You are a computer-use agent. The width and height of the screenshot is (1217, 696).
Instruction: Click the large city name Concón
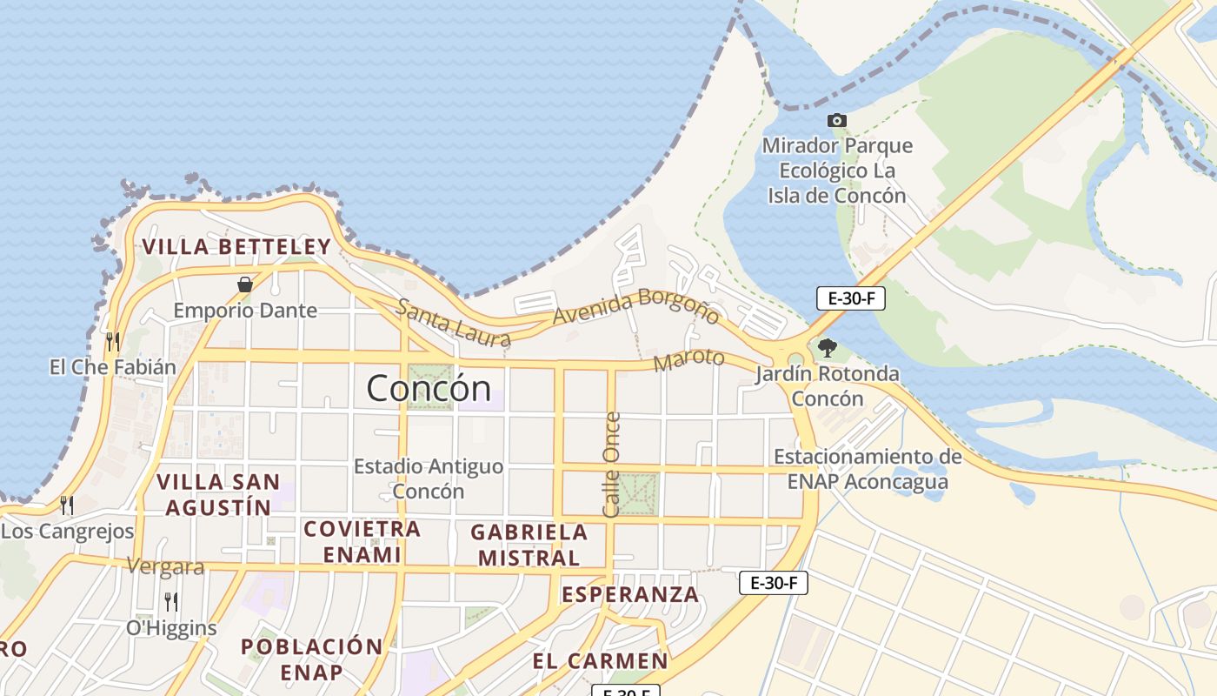429,387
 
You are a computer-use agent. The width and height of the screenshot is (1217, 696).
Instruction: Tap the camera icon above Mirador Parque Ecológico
836,120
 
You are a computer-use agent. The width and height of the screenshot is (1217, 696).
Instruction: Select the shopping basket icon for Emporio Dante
245,284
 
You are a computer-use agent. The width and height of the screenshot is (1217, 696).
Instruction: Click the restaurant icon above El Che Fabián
113,341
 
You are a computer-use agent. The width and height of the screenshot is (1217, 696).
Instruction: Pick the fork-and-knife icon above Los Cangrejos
67,505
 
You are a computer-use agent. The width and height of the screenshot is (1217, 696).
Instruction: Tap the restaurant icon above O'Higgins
171,601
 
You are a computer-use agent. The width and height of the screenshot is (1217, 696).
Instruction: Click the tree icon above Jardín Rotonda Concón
827,348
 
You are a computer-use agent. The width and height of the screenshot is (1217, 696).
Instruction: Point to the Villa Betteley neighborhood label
236,247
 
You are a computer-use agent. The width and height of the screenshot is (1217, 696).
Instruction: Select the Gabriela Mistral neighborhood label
529,545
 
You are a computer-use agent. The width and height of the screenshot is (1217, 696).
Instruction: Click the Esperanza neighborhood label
629,594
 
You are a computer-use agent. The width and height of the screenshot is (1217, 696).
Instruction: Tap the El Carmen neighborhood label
600,661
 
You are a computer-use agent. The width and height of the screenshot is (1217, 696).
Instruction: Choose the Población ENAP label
311,659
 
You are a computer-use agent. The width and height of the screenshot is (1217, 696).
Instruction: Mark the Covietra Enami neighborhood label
362,541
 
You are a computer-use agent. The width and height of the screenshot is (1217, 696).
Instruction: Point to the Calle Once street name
611,465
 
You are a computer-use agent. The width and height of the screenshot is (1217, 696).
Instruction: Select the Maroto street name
688,359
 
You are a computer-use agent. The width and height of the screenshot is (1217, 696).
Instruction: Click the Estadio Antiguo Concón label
428,478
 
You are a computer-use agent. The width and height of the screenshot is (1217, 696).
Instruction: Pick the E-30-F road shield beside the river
850,298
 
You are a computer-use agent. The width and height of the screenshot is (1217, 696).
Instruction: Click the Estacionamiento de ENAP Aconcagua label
868,469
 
